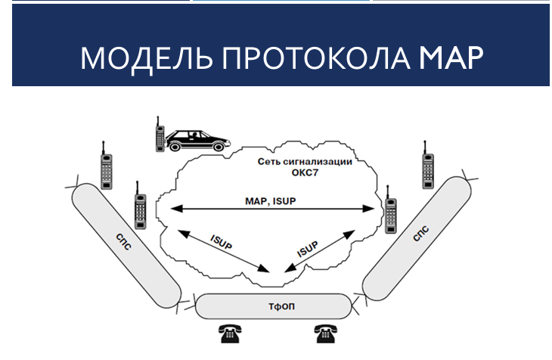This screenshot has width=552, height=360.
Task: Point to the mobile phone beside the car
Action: coord(160,135)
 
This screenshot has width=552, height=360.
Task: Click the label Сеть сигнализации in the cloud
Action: coord(305,162)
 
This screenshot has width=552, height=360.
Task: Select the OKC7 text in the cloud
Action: coord(305,173)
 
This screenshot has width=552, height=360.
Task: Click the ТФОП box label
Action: coord(273,306)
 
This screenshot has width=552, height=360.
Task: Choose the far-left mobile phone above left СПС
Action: coord(107,164)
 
